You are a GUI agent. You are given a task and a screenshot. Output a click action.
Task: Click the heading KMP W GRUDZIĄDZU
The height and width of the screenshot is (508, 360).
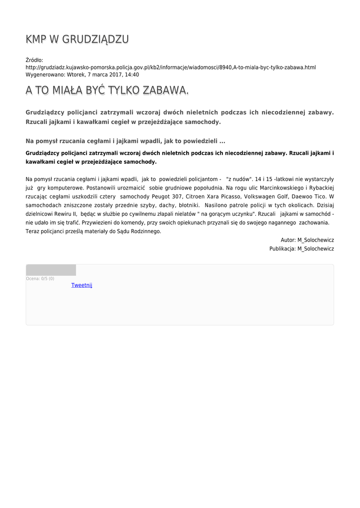point(77,40)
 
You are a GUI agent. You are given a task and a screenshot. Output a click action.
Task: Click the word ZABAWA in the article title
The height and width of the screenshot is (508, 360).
point(164,90)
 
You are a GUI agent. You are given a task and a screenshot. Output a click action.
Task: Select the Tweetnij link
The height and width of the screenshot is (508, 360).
point(81,285)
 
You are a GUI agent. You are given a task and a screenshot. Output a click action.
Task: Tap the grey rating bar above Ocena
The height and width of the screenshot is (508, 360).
point(51,270)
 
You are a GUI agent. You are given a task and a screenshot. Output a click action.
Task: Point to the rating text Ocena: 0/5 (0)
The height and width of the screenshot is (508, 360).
point(40,279)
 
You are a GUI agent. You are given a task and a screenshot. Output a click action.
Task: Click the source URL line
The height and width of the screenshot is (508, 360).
point(170,67)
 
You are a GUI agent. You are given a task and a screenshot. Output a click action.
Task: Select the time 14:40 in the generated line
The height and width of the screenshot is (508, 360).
point(132,75)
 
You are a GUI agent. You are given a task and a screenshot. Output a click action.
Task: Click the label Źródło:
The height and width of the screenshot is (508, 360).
point(34,60)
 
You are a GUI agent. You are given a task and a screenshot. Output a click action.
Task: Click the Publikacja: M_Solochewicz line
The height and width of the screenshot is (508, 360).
point(301,249)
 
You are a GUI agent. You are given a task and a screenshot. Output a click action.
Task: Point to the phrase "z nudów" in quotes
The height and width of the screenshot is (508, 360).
point(239,179)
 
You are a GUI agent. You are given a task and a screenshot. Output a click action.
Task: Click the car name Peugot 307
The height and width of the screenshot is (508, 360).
point(167,196)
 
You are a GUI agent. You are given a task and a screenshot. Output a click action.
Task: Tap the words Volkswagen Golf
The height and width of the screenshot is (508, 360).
point(268,196)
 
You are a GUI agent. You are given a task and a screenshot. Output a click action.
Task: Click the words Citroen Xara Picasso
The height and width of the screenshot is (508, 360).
point(213,196)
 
